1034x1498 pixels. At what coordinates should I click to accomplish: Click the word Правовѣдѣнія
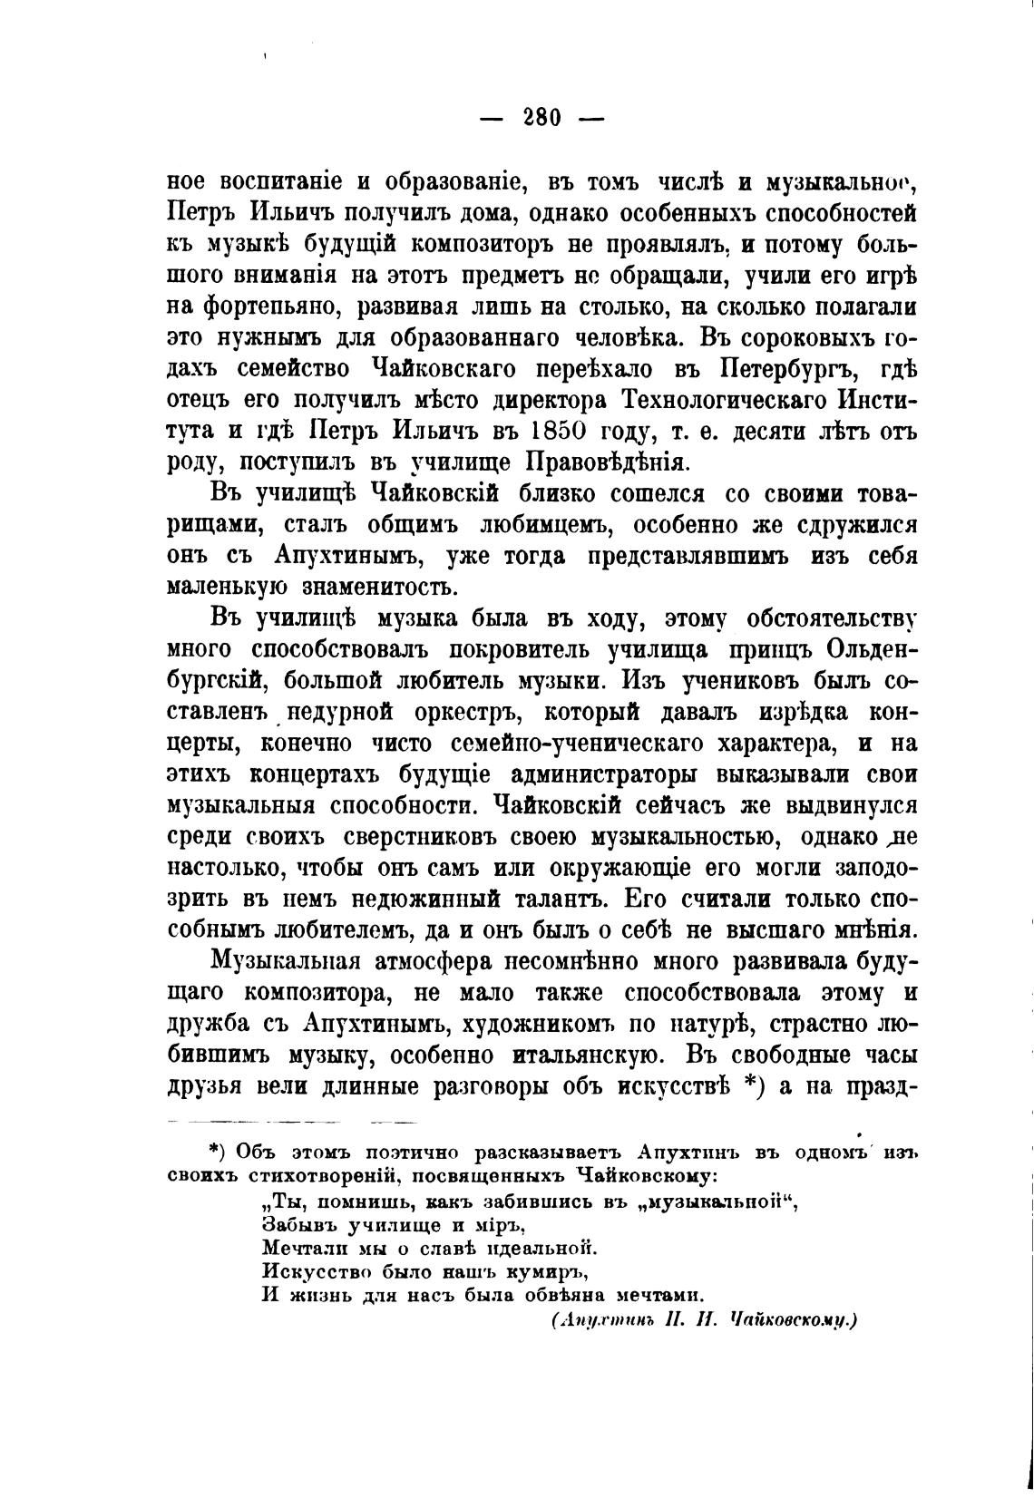608,461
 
